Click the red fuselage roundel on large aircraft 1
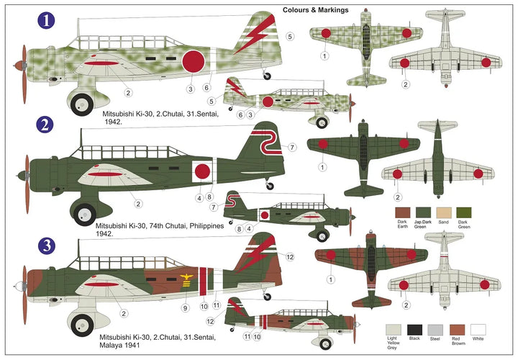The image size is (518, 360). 194,62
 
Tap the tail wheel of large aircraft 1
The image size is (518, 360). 268,75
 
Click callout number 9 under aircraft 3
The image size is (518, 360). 184,307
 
